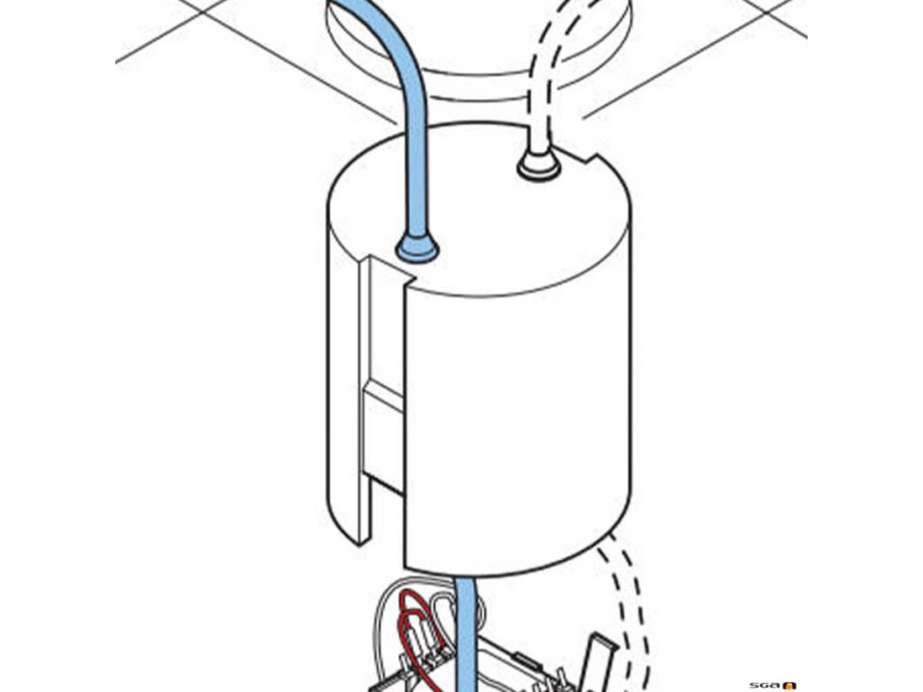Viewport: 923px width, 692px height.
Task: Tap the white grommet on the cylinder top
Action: tap(537, 165)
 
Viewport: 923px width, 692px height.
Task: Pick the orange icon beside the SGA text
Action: tap(790, 685)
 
